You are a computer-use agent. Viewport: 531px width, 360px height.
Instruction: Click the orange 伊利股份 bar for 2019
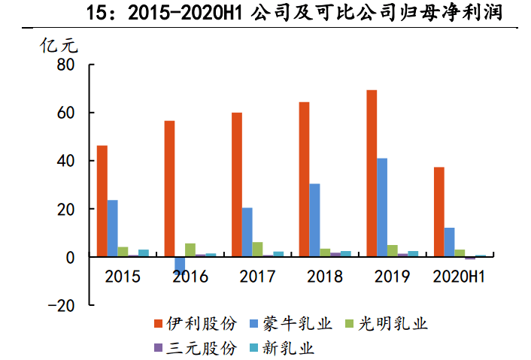pyautogui.click(x=372, y=174)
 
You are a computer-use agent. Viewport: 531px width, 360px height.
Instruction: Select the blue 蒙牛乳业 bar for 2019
pyautogui.click(x=382, y=207)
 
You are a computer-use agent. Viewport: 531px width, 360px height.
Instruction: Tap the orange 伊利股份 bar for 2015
pyautogui.click(x=102, y=201)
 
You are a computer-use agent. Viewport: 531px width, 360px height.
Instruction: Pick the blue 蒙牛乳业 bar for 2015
pyautogui.click(x=113, y=228)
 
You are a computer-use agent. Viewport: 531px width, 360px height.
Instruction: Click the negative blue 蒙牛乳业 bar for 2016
pyautogui.click(x=180, y=264)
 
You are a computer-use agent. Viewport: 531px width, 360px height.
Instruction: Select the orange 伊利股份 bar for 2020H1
pyautogui.click(x=438, y=212)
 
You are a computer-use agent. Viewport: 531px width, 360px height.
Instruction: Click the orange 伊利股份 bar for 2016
pyautogui.click(x=169, y=189)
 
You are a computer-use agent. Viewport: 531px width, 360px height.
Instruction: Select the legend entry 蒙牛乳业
pyautogui.click(x=294, y=324)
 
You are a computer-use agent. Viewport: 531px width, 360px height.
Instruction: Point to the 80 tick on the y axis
pyautogui.click(x=65, y=65)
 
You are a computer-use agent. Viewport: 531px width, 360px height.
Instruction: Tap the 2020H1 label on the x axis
pyautogui.click(x=459, y=277)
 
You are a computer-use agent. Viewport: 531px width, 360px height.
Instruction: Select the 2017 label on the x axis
pyautogui.click(x=258, y=277)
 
